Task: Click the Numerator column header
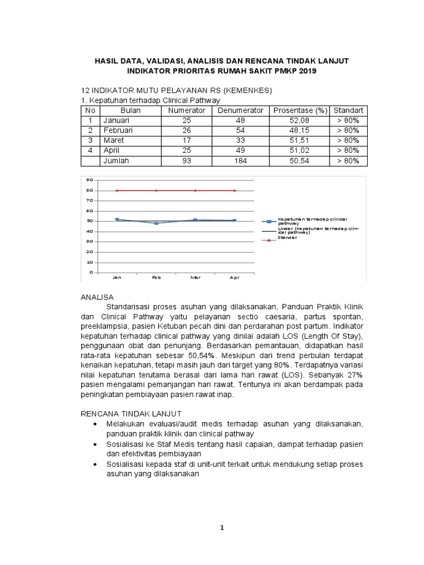pos(186,110)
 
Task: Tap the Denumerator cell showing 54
pos(241,130)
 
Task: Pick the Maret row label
pos(114,140)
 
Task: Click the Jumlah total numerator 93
pos(186,161)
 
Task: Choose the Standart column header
pos(348,110)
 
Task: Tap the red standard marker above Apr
pos(235,190)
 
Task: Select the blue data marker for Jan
pos(117,220)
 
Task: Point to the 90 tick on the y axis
pos(88,180)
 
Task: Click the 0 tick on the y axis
pos(89,272)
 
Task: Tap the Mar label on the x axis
pos(195,278)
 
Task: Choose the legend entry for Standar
pos(287,238)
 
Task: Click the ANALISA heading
pos(97,297)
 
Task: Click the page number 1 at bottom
pos(222,527)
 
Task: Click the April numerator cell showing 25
pos(186,150)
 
